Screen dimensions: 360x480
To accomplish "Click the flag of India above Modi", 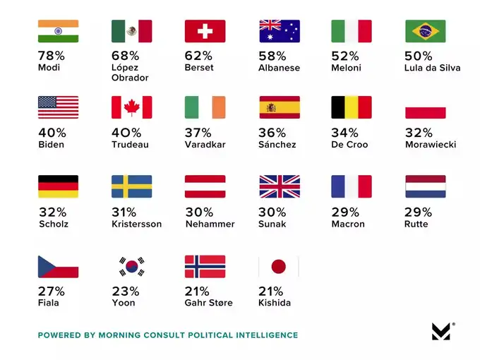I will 58,31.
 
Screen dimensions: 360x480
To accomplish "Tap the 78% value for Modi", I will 49,56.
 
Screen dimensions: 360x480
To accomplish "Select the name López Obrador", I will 130,73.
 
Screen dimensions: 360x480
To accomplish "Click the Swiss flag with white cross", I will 205,31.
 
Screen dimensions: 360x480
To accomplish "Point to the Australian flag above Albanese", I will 279,31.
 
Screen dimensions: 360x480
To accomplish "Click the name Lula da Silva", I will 433,68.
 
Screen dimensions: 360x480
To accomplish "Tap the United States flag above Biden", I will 58,107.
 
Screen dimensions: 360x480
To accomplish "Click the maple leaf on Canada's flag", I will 131,107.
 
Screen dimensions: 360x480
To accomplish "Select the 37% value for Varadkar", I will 197,132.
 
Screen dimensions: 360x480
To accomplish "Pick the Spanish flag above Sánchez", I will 279,107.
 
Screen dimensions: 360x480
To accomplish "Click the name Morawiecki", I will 431,145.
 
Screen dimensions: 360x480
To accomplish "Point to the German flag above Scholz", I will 58,186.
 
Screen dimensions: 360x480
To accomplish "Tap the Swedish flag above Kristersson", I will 131,186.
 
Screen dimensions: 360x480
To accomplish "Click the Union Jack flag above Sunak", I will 279,186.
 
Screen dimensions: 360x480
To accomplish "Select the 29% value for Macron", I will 344,212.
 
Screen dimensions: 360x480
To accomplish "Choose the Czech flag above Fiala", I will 58,266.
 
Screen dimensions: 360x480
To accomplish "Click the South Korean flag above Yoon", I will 131,266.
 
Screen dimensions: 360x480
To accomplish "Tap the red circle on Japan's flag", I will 279,266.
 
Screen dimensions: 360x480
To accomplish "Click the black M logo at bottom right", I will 441,331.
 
